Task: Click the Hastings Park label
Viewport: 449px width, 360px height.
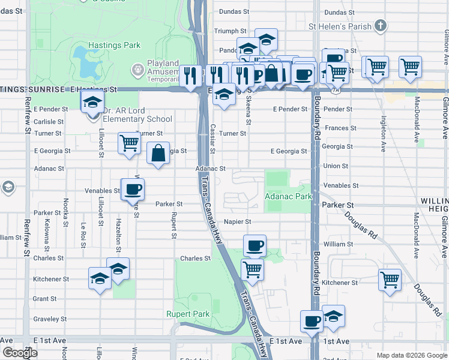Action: coord(114,45)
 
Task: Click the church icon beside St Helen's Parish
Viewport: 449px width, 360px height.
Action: coord(380,26)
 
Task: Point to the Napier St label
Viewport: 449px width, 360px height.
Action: coord(237,221)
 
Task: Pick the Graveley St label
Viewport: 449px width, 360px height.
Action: coord(49,319)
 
